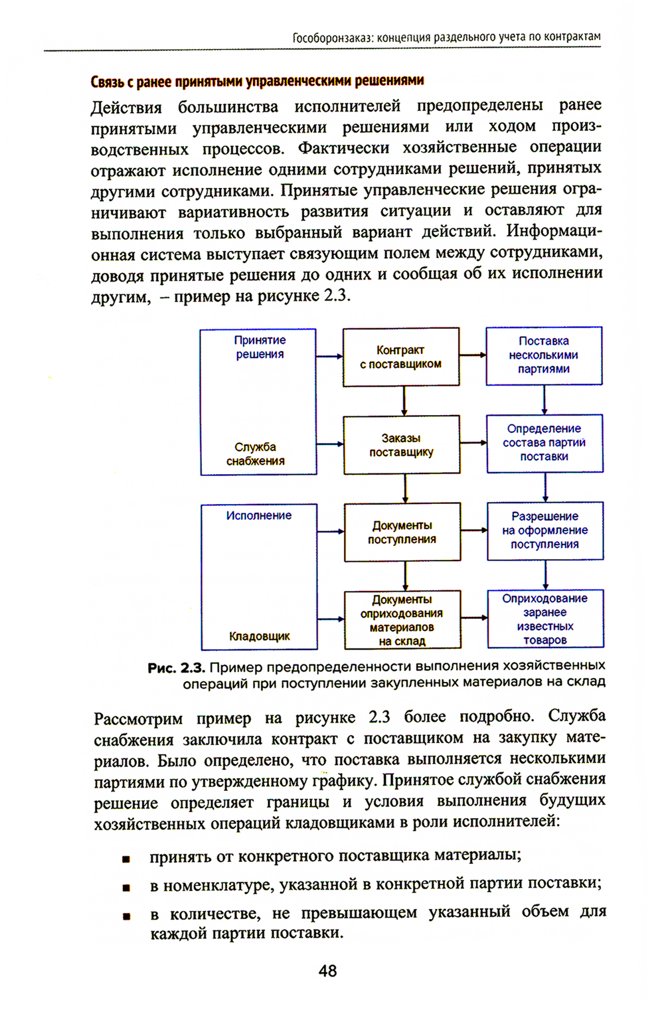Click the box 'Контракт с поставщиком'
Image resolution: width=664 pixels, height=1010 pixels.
click(x=400, y=357)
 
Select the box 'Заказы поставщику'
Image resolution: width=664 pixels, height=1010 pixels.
click(x=401, y=445)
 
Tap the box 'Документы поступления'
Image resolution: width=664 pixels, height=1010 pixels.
click(x=402, y=532)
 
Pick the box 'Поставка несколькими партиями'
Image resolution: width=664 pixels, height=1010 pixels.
click(x=544, y=355)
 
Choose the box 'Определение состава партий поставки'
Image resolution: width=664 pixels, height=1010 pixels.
click(x=544, y=443)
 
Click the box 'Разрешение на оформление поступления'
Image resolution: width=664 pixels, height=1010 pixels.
click(x=545, y=531)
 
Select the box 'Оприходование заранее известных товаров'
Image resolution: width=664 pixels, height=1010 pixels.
click(x=545, y=619)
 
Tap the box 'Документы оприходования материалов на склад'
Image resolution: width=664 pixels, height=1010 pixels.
click(x=402, y=620)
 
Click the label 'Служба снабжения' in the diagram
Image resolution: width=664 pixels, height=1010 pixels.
click(x=256, y=454)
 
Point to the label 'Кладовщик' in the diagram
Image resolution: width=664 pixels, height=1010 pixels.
click(x=260, y=636)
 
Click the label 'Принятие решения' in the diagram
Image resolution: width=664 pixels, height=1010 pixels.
click(x=260, y=347)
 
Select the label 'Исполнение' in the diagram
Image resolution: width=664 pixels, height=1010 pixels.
click(x=259, y=515)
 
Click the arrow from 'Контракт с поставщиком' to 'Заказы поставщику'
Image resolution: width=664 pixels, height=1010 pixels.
click(x=404, y=400)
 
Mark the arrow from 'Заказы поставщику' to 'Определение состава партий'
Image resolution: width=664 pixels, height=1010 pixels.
click(x=473, y=443)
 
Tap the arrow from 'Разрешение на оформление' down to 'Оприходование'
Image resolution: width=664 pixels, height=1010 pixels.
click(x=546, y=574)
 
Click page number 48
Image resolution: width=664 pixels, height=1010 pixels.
click(x=328, y=971)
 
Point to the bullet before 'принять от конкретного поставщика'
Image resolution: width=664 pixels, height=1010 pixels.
click(x=126, y=859)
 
